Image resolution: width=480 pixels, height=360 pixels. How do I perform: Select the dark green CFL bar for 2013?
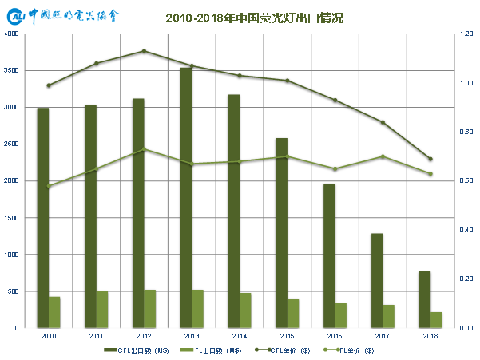tap(185, 197)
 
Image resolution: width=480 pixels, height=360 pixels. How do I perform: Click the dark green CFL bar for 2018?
tap(424, 299)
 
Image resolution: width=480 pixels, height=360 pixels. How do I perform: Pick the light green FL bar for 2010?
tap(55, 312)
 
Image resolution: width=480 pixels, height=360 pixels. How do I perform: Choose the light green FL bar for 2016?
tap(342, 315)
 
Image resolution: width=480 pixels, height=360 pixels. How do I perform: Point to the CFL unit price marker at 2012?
tap(144, 51)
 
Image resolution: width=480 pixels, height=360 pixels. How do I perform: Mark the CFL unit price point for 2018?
tap(430, 159)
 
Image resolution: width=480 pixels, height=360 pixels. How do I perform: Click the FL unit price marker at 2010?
tap(48, 186)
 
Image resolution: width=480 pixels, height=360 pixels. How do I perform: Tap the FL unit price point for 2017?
tap(383, 156)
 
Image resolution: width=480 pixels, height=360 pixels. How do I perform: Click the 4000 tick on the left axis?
tap(12, 34)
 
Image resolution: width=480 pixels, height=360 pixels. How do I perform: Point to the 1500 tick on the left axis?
tap(12, 218)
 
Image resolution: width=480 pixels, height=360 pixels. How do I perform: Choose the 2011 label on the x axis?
tap(96, 336)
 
